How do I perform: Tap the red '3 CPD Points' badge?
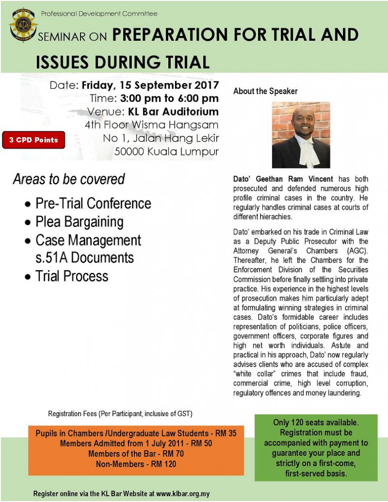pyautogui.click(x=33, y=140)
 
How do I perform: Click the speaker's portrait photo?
pyautogui.click(x=301, y=135)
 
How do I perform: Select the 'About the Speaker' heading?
pyautogui.click(x=265, y=91)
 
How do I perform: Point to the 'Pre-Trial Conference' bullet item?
pyautogui.click(x=93, y=203)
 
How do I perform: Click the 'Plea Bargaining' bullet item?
pyautogui.click(x=79, y=222)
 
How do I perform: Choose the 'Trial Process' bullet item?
pyautogui.click(x=72, y=276)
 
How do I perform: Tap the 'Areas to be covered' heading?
pyautogui.click(x=69, y=179)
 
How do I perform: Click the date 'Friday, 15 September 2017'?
pyautogui.click(x=150, y=85)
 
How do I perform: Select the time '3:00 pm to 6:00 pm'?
pyautogui.click(x=169, y=98)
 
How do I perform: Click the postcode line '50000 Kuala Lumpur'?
pyautogui.click(x=166, y=151)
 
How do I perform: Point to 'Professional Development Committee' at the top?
pyautogui.click(x=99, y=14)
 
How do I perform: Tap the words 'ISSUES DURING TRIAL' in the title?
pyautogui.click(x=123, y=62)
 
